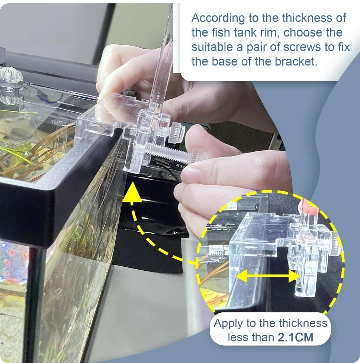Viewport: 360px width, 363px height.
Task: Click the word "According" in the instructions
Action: click(x=218, y=18)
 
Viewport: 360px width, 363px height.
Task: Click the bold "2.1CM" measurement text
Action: click(x=295, y=337)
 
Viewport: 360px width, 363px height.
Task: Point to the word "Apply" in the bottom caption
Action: click(x=228, y=324)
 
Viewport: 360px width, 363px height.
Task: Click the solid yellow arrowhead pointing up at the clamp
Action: click(x=132, y=192)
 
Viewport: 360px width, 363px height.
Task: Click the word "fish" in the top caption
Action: click(x=221, y=33)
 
